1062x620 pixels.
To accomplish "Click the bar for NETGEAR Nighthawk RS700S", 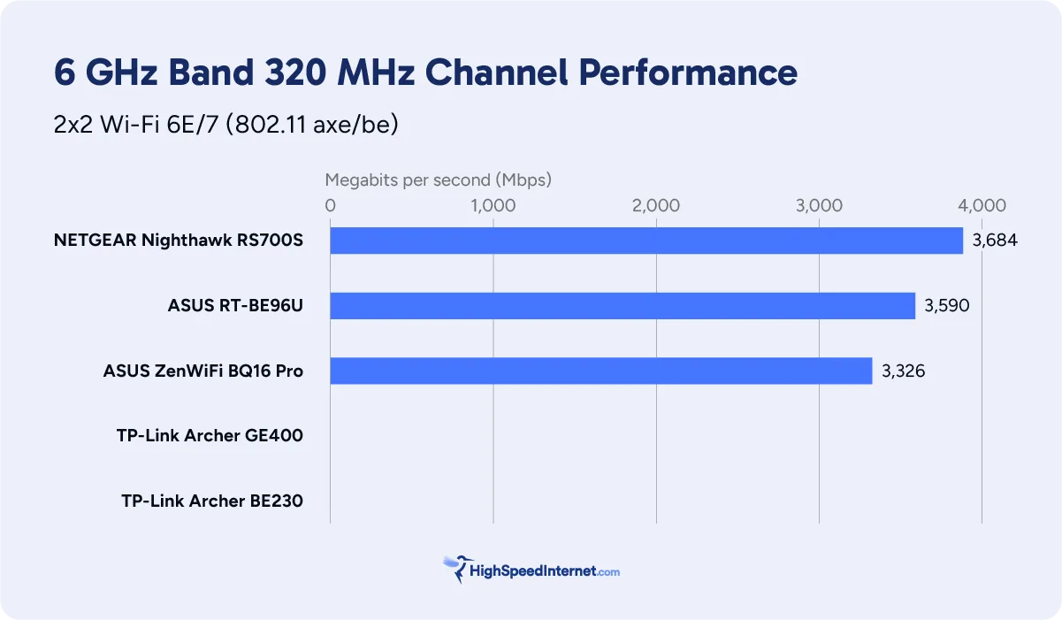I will pyautogui.click(x=646, y=241).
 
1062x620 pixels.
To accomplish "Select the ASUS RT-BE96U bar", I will pyautogui.click(x=623, y=306).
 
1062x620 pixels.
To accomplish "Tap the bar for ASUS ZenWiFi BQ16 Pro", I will pyautogui.click(x=601, y=371).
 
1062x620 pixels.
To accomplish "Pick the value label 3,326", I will pyautogui.click(x=903, y=371).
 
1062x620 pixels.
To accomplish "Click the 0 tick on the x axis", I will pyautogui.click(x=331, y=206).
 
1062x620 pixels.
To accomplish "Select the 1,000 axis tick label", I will pyautogui.click(x=493, y=206).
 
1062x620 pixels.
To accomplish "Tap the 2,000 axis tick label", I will pyautogui.click(x=656, y=206).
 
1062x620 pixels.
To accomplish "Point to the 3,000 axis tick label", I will pyautogui.click(x=819, y=206).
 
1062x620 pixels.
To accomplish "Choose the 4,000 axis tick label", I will pyautogui.click(x=982, y=206).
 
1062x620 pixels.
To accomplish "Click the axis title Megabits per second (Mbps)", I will pyautogui.click(x=438, y=180).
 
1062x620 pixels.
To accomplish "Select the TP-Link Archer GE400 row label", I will pyautogui.click(x=210, y=436).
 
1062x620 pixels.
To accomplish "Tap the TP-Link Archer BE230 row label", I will pyautogui.click(x=212, y=501).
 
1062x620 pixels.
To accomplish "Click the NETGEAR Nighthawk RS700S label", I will pyautogui.click(x=179, y=241).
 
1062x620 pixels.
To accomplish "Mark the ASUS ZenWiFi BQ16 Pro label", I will pyautogui.click(x=203, y=371).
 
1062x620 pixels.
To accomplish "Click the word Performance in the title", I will pyautogui.click(x=688, y=73).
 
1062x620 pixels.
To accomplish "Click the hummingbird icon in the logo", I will pyautogui.click(x=456, y=569).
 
